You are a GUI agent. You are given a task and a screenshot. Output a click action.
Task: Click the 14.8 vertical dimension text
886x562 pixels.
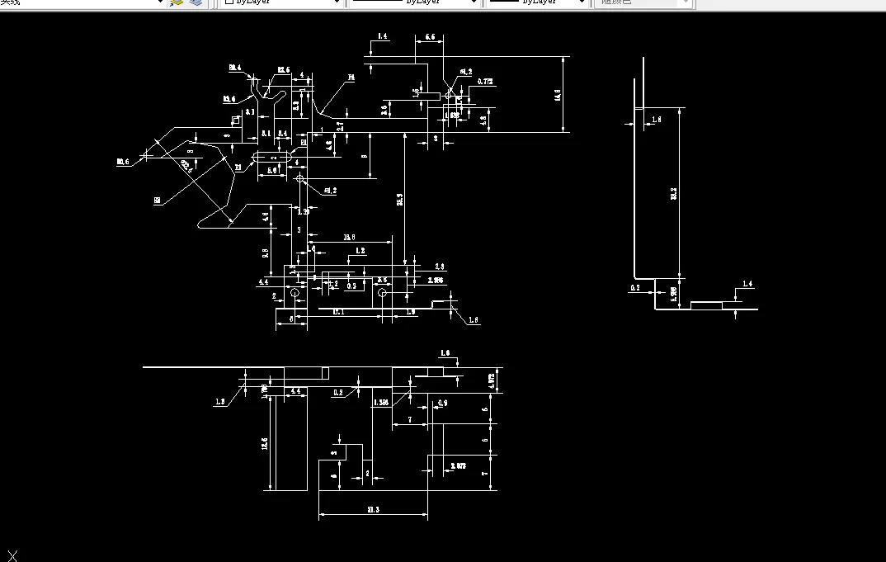click(x=558, y=95)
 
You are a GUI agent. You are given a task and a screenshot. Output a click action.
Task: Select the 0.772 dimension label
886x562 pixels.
click(x=485, y=82)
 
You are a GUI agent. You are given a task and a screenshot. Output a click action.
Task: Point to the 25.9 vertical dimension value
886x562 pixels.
click(x=400, y=201)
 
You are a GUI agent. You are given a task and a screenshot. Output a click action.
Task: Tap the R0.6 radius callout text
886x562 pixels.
click(x=123, y=162)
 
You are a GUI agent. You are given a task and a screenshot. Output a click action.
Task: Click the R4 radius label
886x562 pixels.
click(x=351, y=77)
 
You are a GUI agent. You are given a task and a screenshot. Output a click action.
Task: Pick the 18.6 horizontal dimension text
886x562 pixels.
click(x=350, y=238)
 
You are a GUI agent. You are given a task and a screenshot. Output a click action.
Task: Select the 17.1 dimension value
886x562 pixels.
click(x=338, y=312)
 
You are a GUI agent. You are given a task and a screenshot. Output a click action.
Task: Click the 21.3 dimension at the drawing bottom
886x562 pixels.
click(x=372, y=510)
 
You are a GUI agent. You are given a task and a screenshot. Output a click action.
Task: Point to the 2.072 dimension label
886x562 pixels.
click(x=459, y=466)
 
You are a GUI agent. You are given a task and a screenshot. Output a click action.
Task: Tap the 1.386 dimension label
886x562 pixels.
click(x=381, y=402)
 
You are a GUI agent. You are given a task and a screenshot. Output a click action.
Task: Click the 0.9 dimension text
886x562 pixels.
click(x=442, y=403)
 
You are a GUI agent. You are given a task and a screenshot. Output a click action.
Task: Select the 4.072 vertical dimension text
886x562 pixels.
click(x=492, y=380)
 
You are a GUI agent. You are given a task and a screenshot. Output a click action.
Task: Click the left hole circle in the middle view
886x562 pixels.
click(x=295, y=293)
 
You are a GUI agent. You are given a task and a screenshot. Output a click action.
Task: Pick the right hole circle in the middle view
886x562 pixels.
click(x=382, y=293)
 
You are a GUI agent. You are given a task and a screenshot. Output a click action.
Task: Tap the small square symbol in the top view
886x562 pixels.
click(x=235, y=120)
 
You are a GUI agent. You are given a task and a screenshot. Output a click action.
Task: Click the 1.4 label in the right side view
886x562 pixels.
click(x=747, y=284)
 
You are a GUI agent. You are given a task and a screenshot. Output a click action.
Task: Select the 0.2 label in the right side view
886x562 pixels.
click(x=634, y=288)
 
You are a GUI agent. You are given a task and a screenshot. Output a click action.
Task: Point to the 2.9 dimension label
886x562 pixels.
click(x=440, y=267)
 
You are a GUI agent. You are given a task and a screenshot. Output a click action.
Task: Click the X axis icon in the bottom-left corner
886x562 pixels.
click(x=12, y=555)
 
